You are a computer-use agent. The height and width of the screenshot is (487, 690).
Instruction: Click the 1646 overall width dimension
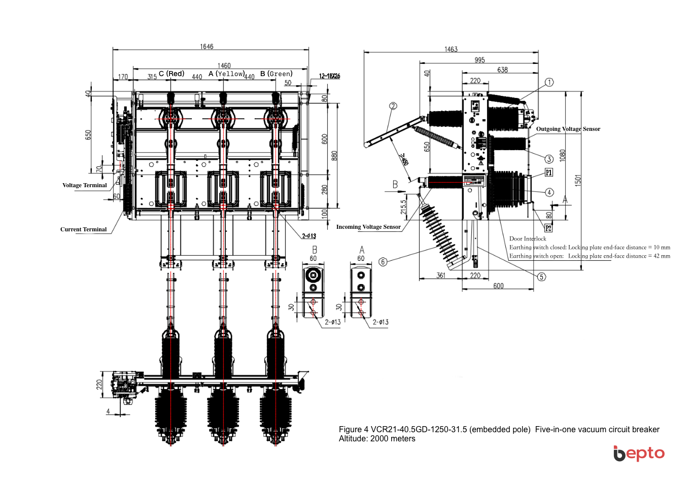pos(206,47)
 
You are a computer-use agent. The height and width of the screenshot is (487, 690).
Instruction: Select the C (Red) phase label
pos(171,74)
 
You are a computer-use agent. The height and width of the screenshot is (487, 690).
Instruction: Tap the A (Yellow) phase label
pos(226,74)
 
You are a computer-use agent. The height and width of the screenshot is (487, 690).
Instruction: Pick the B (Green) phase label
pos(277,74)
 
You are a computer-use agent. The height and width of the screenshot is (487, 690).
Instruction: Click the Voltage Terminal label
pos(85,185)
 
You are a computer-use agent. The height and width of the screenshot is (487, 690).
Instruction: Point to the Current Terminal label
pos(84,229)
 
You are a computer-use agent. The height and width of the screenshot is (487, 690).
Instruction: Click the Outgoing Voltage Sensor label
pos(568,129)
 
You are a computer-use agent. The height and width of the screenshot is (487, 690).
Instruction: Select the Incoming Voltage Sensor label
pos(368,227)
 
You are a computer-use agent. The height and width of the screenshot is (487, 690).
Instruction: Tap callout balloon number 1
pos(549,82)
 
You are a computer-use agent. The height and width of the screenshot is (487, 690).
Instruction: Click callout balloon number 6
pos(383,262)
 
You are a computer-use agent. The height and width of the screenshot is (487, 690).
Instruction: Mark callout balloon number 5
pos(542,277)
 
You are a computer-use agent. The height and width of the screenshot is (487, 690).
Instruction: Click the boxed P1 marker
pos(549,172)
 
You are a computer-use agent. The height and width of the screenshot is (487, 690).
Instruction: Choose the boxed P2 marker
pos(548,228)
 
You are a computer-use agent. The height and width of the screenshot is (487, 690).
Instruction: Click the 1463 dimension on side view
pos(451,49)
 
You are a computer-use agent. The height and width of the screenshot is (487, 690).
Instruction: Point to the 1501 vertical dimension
pos(578,181)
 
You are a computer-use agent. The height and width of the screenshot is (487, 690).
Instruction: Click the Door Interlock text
pos(528,238)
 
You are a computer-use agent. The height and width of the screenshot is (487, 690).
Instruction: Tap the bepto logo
pos(639,453)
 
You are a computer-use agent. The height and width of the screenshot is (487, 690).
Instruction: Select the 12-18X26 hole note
pos(329,76)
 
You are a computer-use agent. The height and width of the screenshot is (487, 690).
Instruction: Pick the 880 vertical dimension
pos(334,155)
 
